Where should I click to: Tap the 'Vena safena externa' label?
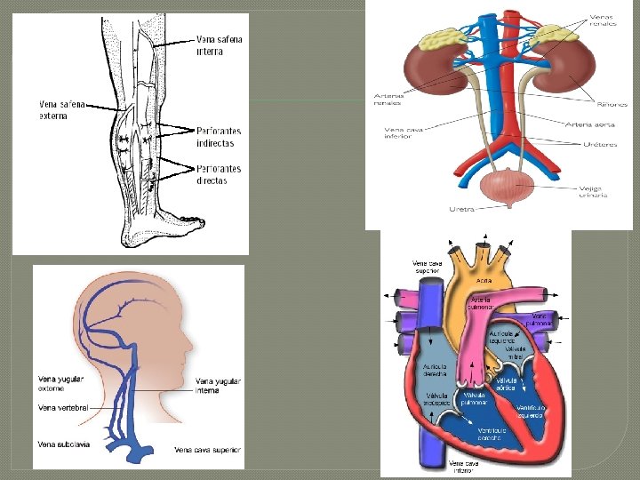[62, 109]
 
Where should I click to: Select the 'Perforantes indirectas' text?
[218, 137]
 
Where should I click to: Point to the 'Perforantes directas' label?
[218, 174]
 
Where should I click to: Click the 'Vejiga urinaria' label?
[593, 191]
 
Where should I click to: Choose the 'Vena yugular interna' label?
[219, 385]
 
